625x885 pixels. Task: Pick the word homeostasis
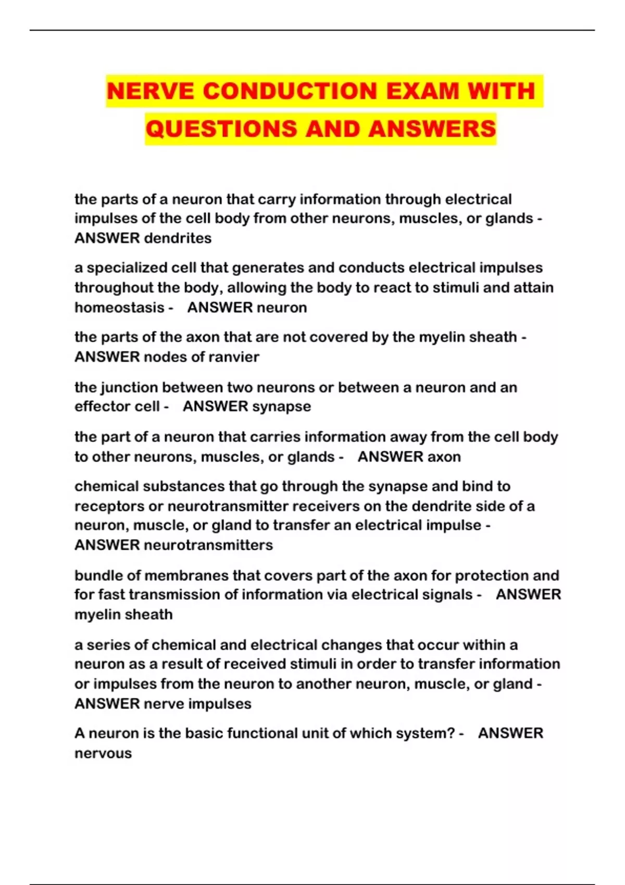tap(119, 307)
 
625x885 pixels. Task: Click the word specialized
tap(123, 268)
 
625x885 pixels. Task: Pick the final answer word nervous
tap(103, 753)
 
